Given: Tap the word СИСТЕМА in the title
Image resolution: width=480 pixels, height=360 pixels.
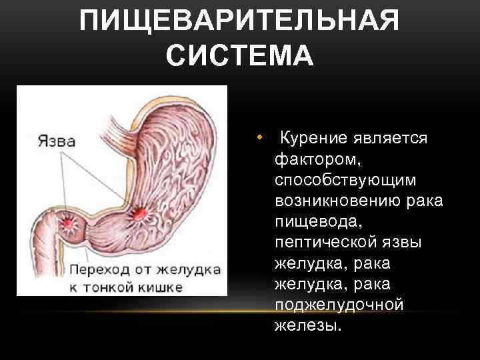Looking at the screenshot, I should (239, 55).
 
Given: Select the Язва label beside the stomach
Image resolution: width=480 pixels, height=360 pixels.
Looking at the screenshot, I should (55, 141).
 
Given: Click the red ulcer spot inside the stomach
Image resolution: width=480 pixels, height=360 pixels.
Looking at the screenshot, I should (140, 213).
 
